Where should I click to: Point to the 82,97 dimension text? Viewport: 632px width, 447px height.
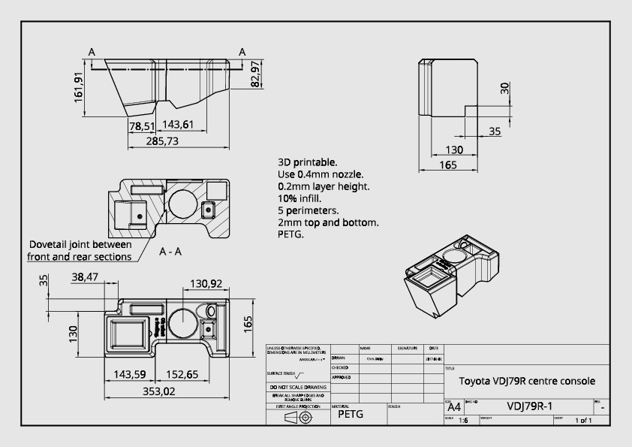click(x=256, y=74)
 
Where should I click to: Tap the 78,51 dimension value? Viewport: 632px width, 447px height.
click(x=141, y=125)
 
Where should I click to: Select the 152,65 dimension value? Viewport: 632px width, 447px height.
click(x=182, y=374)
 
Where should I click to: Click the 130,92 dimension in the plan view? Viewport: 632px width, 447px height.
click(x=206, y=283)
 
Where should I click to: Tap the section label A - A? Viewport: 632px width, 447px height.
click(x=170, y=252)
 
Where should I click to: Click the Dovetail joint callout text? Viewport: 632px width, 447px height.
click(x=80, y=251)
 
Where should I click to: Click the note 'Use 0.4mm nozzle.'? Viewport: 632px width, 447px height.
click(x=321, y=174)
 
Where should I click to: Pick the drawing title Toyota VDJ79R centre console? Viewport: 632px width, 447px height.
click(x=527, y=381)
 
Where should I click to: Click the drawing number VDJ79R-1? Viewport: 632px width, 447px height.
click(x=530, y=406)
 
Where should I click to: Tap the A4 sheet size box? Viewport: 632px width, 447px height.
click(x=455, y=407)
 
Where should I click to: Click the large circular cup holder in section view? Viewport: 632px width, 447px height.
click(x=183, y=202)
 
